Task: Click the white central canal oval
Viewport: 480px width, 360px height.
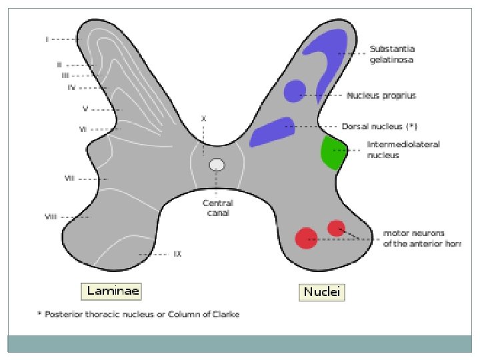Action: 216,165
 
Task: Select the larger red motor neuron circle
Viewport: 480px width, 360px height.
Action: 306,238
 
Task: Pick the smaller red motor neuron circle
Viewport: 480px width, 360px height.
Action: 335,228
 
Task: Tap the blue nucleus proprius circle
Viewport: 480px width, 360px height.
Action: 294,91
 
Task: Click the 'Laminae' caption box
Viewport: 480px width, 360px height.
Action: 111,291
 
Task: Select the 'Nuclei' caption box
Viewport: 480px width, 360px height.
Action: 322,292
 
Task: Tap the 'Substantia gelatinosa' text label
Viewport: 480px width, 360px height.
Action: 393,53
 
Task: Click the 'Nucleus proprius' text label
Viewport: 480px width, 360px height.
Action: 381,95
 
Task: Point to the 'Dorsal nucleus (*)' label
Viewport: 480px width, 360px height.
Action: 379,125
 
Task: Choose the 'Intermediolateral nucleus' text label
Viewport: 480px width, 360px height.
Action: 403,149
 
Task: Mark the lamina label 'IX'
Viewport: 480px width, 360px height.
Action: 178,254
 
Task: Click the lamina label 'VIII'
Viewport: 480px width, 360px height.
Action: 51,216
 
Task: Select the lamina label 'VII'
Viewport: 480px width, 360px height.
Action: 69,177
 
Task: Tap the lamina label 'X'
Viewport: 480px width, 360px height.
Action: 204,118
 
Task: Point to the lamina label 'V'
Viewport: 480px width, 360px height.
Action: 85,107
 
